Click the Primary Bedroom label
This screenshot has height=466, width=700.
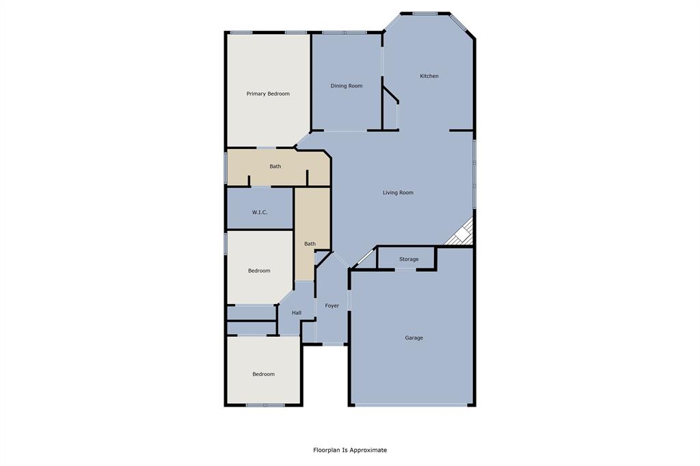coord(268,94)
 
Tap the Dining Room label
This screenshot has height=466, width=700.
coord(347,86)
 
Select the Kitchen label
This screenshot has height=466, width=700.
coord(429,76)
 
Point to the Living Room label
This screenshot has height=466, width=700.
coord(398,193)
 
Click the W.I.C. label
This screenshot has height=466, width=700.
coord(260,213)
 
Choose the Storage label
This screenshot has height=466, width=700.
coord(409,260)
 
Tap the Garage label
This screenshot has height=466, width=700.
coord(414,338)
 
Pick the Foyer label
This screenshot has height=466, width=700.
coord(332,305)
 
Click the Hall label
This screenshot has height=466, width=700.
coord(297,313)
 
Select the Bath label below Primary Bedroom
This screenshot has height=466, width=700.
coord(275,166)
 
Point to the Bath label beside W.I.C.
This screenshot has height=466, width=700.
coord(310,244)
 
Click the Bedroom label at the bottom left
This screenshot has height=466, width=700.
coord(263,374)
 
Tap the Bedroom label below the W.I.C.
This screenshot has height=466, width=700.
coord(259,271)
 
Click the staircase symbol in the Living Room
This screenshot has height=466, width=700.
coord(462,233)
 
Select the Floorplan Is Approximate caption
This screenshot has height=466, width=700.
coord(350,450)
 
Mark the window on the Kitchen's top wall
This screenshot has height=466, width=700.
coord(425,13)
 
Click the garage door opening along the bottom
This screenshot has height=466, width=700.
coord(413,405)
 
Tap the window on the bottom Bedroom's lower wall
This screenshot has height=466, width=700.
coord(265,405)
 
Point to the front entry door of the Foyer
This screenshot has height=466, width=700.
coord(334,344)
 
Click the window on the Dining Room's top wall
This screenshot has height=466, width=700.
coord(345,32)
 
